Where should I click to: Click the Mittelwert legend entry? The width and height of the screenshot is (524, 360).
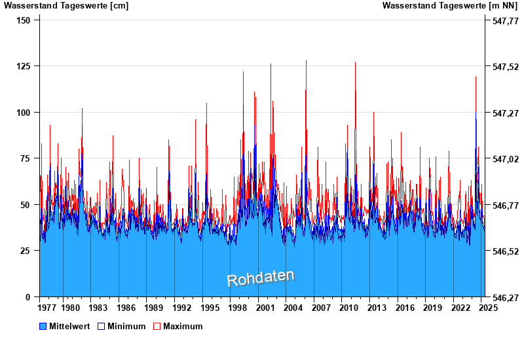point(69,326)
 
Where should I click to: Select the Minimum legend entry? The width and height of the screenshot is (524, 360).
point(126,326)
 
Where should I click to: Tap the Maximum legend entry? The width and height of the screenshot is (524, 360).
point(182,326)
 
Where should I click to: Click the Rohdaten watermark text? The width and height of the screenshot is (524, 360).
point(261,278)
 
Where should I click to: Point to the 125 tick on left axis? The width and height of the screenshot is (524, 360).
point(23,66)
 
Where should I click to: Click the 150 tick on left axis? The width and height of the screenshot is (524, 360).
point(23,20)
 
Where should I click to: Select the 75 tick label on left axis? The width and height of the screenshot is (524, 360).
point(26,158)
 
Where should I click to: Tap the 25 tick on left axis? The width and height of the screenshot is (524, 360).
point(26,251)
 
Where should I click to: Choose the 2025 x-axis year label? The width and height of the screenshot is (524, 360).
point(485,308)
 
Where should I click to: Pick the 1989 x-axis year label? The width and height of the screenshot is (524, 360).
point(155,308)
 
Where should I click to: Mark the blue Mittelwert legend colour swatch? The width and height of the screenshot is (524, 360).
point(43,326)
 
